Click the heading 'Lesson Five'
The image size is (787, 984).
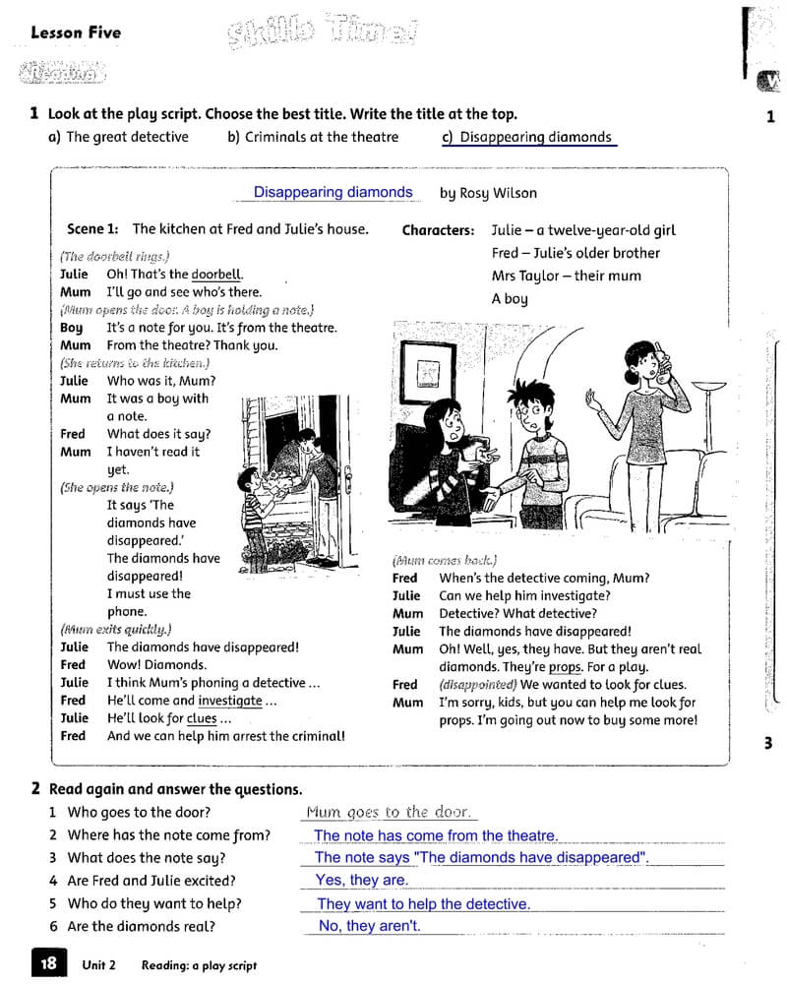click(x=76, y=32)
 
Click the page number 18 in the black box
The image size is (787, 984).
click(x=48, y=963)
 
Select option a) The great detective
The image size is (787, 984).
click(x=118, y=137)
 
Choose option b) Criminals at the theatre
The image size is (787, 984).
click(x=313, y=137)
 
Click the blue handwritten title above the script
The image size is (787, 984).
click(x=333, y=192)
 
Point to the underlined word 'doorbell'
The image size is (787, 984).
click(x=216, y=275)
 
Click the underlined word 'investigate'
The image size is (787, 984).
click(x=230, y=701)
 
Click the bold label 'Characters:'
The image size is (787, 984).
click(x=438, y=230)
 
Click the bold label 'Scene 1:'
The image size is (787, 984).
click(x=92, y=228)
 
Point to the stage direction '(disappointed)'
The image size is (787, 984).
click(x=478, y=685)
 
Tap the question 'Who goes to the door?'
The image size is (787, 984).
click(x=139, y=813)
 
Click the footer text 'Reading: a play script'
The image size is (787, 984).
click(x=199, y=965)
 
